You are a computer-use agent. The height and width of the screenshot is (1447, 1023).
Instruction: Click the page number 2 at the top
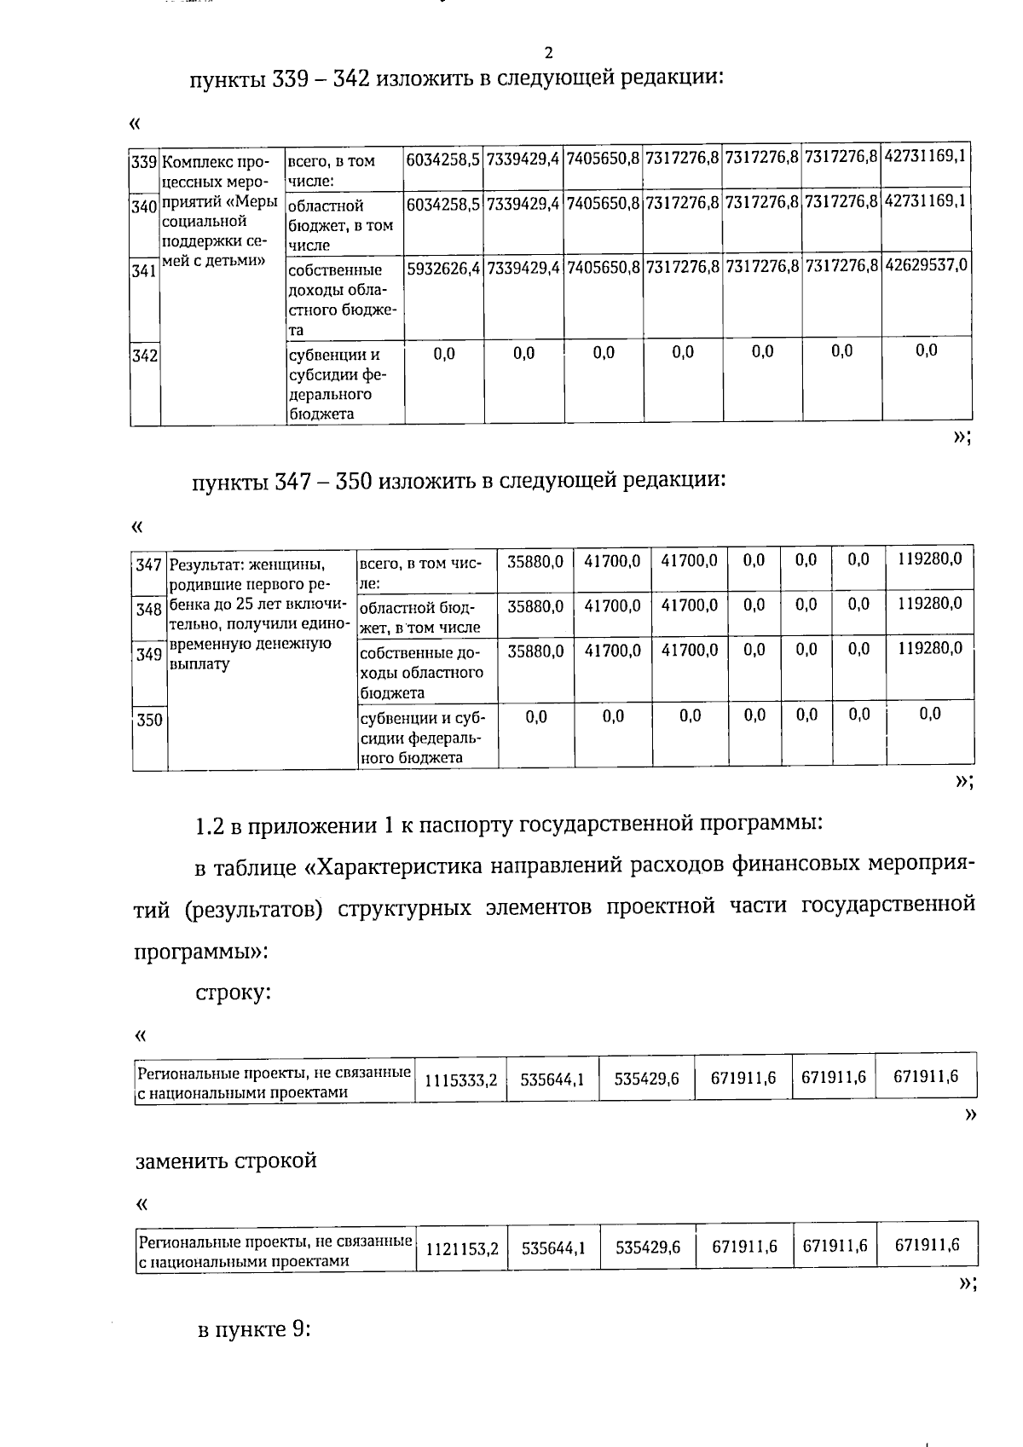pyautogui.click(x=548, y=52)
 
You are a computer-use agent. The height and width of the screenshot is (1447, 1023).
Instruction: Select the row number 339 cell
pyautogui.click(x=144, y=162)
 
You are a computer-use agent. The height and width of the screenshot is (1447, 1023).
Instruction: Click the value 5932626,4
pyautogui.click(x=444, y=266)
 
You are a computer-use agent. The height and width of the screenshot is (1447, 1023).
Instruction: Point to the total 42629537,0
pyautogui.click(x=926, y=266)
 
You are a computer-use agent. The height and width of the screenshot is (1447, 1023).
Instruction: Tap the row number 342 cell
pyautogui.click(x=144, y=356)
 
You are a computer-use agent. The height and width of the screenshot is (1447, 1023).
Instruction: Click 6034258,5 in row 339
pyautogui.click(x=444, y=159)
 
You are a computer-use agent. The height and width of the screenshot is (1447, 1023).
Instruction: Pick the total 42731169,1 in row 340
pyautogui.click(x=926, y=202)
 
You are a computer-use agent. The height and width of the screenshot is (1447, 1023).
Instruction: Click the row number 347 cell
pyautogui.click(x=149, y=565)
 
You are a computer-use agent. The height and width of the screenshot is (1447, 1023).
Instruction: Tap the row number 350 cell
pyautogui.click(x=149, y=721)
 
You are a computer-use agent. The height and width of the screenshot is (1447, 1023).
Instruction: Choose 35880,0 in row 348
pyautogui.click(x=535, y=606)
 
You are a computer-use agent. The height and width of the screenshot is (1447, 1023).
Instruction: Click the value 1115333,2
pyautogui.click(x=461, y=1080)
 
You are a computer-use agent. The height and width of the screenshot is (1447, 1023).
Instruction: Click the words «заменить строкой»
pyautogui.click(x=226, y=1161)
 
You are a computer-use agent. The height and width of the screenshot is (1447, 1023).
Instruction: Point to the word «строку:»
pyautogui.click(x=233, y=993)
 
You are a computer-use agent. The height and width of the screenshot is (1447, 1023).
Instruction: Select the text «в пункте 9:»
pyautogui.click(x=253, y=1330)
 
